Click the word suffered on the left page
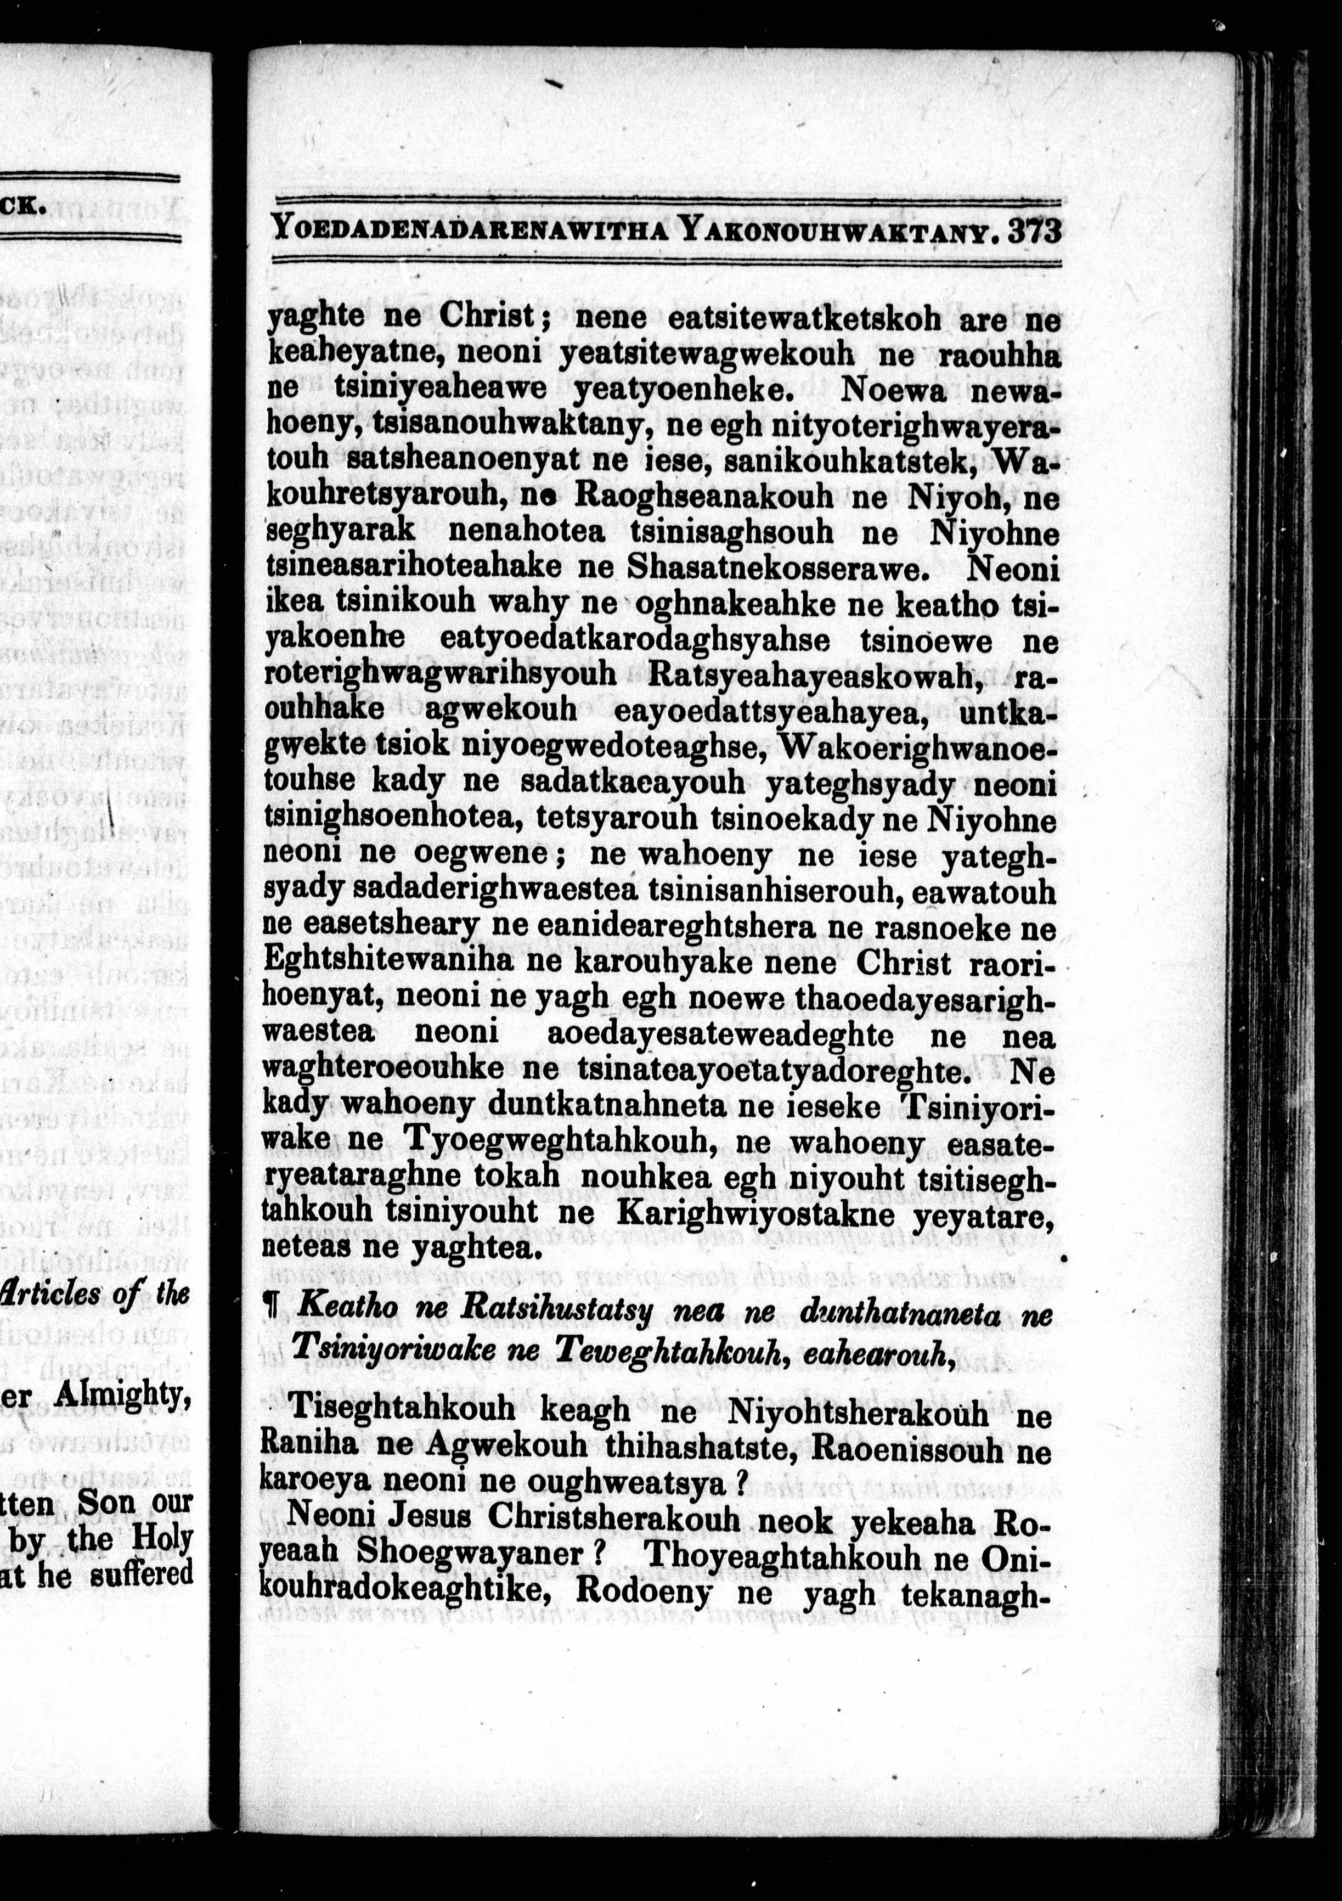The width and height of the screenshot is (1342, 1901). click(x=141, y=1572)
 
